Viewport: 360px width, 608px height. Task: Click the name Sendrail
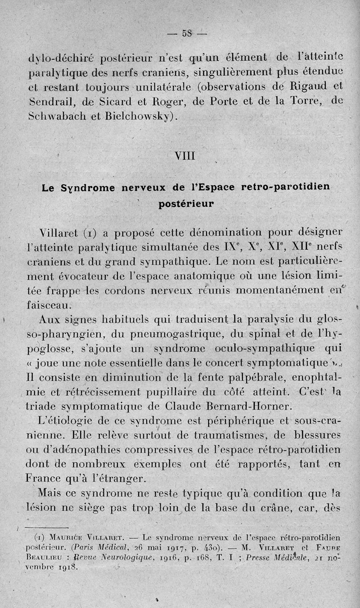[48, 101]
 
